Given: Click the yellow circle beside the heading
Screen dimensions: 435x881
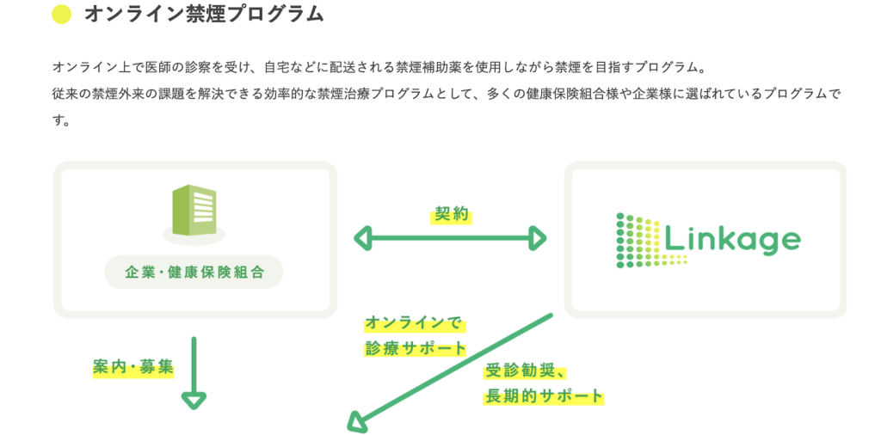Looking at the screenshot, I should [x=61, y=15].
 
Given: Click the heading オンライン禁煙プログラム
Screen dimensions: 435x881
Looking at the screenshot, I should [x=203, y=15].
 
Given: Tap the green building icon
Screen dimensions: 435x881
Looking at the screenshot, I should [x=194, y=211].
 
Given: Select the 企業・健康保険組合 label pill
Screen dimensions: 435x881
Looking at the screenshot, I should [x=194, y=273].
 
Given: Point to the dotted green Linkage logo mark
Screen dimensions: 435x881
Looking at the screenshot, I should [x=638, y=240].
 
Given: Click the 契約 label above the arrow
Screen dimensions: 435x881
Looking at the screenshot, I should [x=451, y=215].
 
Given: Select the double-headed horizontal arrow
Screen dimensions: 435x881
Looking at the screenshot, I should [x=450, y=238].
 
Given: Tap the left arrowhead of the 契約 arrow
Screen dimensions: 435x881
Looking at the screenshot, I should [x=361, y=238].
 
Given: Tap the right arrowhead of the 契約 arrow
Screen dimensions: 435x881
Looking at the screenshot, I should [x=539, y=238].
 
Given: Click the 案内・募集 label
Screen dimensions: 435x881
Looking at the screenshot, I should [x=133, y=366].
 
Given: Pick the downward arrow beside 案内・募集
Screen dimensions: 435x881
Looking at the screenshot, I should [x=194, y=373].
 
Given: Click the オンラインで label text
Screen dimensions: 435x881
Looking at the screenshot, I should [x=414, y=323].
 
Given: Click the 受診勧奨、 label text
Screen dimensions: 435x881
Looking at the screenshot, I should [x=524, y=371].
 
